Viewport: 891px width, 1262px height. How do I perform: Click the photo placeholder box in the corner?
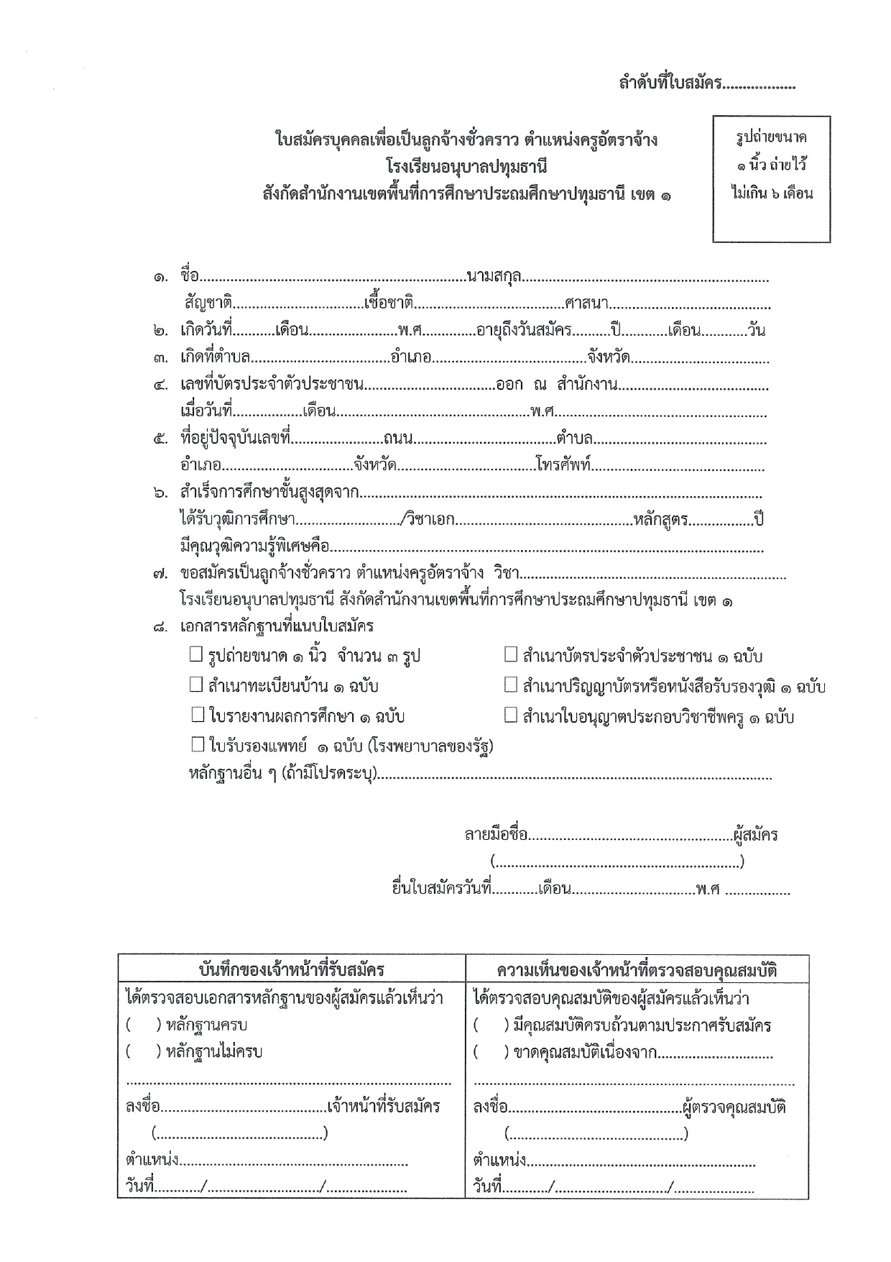point(771,179)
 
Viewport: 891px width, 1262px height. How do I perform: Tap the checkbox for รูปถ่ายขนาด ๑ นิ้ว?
point(197,654)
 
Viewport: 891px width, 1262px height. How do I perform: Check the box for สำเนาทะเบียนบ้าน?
point(197,685)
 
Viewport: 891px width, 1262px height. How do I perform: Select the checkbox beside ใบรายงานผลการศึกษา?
point(198,715)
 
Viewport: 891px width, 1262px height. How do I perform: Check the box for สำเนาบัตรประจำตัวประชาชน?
point(511,654)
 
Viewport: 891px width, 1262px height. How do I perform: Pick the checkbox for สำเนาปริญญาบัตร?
point(511,685)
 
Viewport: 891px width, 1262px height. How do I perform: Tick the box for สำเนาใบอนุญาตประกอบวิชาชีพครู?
point(511,715)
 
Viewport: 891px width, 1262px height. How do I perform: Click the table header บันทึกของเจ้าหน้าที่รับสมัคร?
point(292,970)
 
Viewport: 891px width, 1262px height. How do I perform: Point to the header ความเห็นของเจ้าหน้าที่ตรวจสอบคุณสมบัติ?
point(637,970)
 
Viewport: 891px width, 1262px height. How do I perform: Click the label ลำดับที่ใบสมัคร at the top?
point(670,83)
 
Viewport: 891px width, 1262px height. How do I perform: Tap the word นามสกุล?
point(494,275)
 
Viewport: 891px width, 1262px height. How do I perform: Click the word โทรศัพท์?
point(563,465)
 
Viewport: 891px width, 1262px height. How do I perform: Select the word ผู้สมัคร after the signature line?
point(755,836)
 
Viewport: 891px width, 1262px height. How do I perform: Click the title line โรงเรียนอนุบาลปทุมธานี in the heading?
point(466,168)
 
